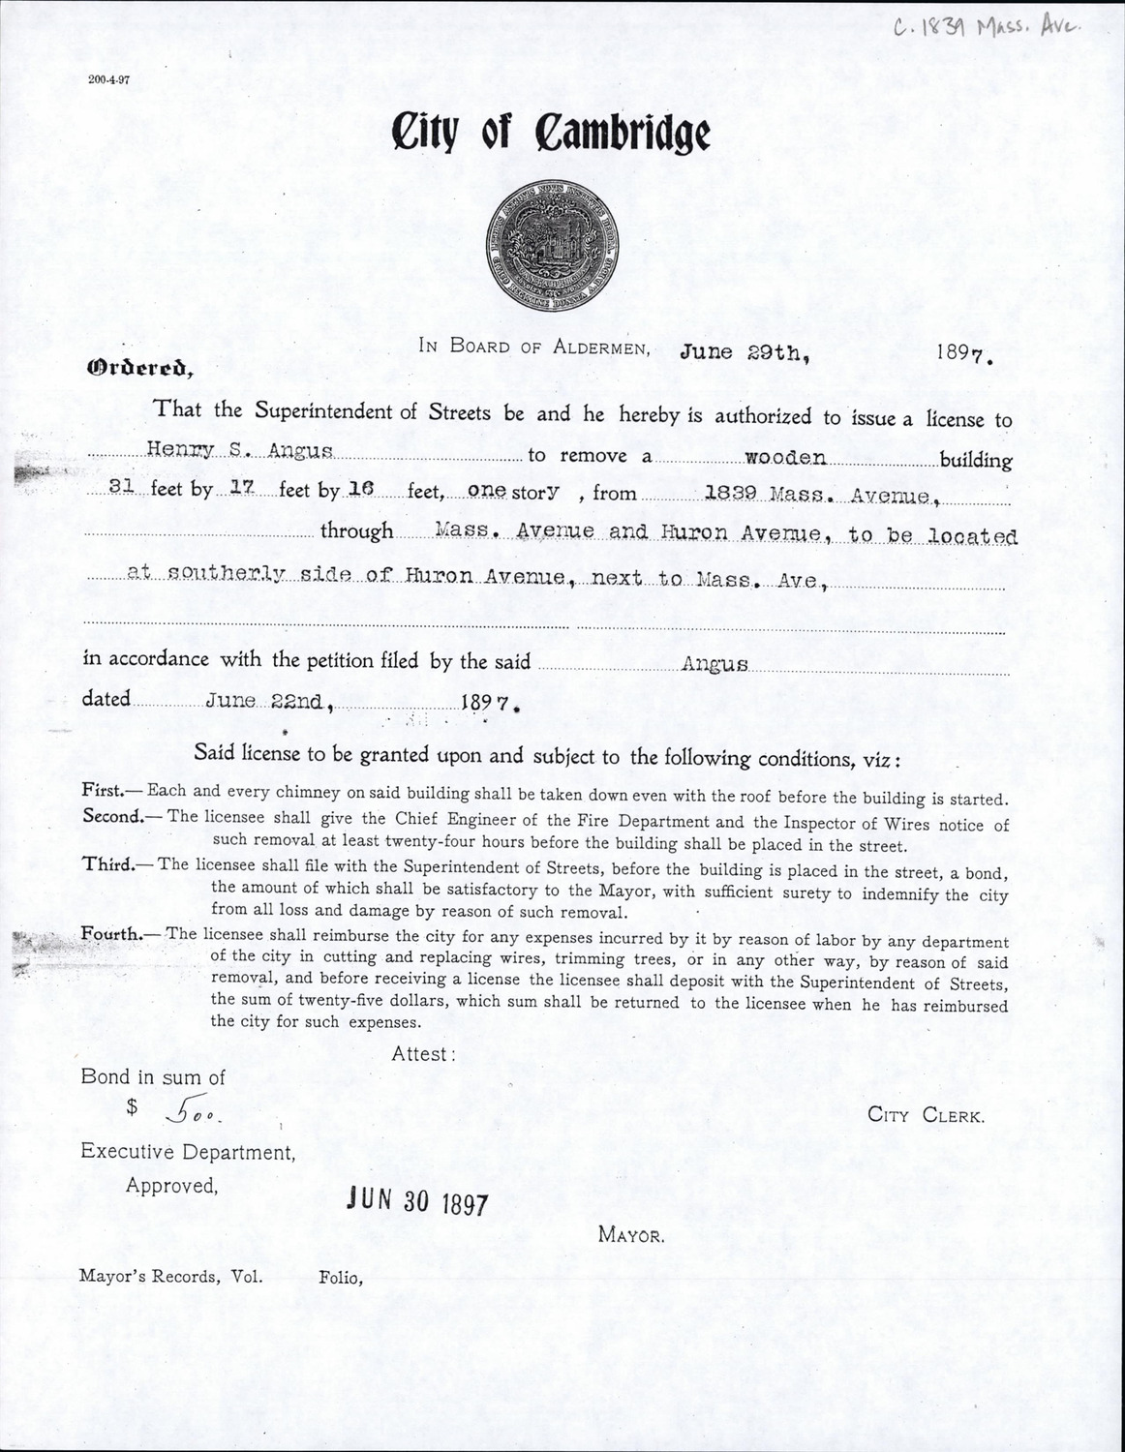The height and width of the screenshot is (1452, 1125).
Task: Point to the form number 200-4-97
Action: point(108,80)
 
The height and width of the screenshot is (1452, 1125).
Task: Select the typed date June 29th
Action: point(744,352)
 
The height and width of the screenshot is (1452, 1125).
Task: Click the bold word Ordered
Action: point(140,368)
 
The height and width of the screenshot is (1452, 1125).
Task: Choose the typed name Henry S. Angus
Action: point(240,450)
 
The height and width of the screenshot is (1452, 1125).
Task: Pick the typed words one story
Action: point(513,491)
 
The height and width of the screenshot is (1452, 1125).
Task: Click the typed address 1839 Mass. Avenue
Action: point(818,496)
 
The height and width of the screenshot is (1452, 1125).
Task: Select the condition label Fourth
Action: point(111,934)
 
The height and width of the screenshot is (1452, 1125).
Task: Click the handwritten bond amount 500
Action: point(193,1115)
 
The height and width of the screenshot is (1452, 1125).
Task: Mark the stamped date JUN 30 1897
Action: point(418,1201)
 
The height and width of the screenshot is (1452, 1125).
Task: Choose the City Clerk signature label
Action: point(926,1115)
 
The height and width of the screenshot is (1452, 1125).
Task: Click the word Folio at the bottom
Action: point(340,1278)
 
